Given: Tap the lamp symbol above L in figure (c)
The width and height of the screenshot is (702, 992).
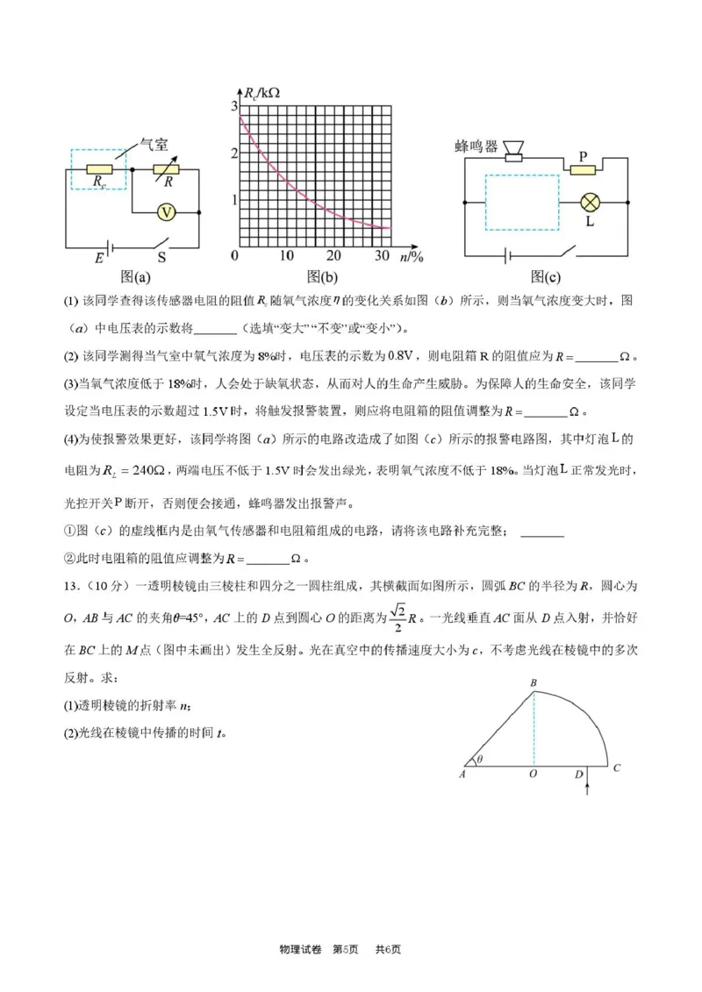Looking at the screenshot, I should pyautogui.click(x=591, y=202).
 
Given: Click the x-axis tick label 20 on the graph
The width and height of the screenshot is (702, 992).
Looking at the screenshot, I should pyautogui.click(x=333, y=256).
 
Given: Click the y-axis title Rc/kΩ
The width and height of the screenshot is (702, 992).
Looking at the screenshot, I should pyautogui.click(x=262, y=92).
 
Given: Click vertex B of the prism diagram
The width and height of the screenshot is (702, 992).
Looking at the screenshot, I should pyautogui.click(x=533, y=682).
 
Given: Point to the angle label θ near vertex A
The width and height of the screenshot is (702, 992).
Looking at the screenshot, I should pyautogui.click(x=481, y=760).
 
